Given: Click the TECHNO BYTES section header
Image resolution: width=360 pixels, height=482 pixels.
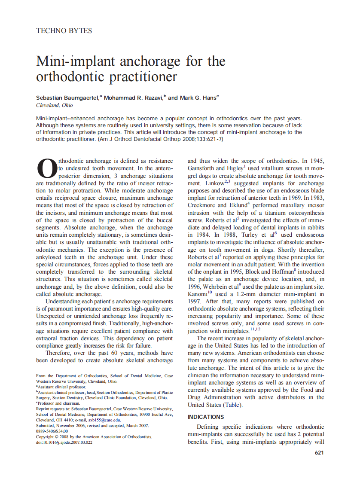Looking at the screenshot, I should coord(64,31).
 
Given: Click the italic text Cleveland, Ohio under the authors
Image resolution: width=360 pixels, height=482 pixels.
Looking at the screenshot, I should coord(55,105).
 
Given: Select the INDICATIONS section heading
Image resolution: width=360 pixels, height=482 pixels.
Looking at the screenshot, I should coord(206,417).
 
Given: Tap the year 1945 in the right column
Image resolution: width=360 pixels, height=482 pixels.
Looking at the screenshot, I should coord(316,161).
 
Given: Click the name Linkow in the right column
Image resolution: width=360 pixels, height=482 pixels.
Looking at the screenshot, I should coord(199,183).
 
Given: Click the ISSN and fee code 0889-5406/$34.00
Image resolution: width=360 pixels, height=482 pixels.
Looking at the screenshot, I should coord(52,431).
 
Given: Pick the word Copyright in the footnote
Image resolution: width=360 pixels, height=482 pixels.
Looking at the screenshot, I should coord(46,436).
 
